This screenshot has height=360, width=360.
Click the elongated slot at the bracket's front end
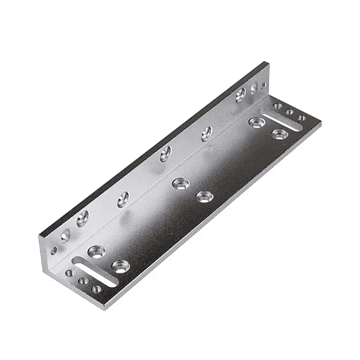94,271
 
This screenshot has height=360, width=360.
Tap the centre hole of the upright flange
165,154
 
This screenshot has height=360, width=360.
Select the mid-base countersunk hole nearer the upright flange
179,183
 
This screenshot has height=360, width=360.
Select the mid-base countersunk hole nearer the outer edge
205,196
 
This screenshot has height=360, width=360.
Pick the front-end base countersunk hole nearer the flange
96,251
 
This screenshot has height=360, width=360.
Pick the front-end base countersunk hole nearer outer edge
121,266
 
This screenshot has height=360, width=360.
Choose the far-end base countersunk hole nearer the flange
257,122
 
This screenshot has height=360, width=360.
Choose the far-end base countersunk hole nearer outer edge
280,133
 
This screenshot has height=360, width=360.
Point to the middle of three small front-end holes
83,281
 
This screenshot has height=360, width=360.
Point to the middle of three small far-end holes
289,112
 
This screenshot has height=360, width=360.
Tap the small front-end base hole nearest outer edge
97,289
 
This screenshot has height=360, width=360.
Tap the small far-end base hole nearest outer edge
301,118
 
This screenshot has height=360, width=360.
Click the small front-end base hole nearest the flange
70,273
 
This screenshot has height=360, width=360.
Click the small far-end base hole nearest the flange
277,106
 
